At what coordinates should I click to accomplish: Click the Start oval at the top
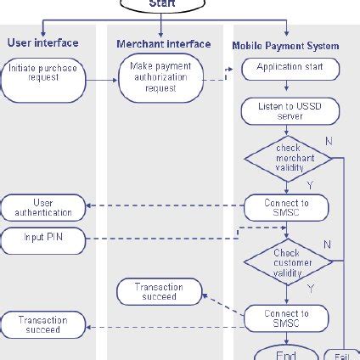tap(161, 4)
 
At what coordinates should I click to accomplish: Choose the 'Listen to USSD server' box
tap(286, 110)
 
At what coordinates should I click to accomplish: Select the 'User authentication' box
tap(42, 207)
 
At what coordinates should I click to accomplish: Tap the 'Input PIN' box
tap(42, 240)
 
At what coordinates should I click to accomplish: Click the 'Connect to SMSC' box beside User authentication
tap(286, 207)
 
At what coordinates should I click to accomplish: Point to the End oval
tap(286, 353)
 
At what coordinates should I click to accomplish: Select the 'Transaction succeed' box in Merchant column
tap(160, 292)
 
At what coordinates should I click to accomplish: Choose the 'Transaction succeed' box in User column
tap(42, 324)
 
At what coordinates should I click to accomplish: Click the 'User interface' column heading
tap(43, 42)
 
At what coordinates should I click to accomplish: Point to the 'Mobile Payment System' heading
tap(285, 46)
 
